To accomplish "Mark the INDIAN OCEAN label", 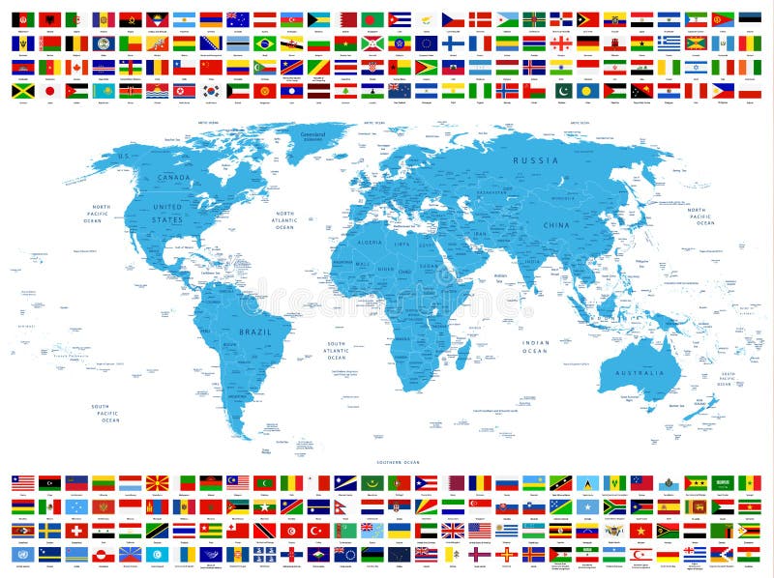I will click(536, 347).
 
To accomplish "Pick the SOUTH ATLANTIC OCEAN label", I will click(336, 350).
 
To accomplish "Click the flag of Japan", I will click(49, 90).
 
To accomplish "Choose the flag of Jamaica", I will click(22, 90).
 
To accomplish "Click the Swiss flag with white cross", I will click(76, 531).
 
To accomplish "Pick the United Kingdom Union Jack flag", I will click(452, 531).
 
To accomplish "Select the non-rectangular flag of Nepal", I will click(343, 506).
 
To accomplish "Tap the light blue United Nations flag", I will click(22, 554).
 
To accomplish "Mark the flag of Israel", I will click(696, 67).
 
